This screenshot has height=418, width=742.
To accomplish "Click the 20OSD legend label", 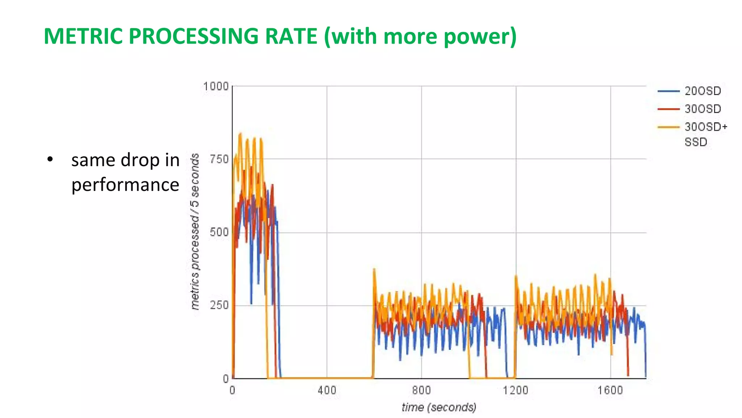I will pos(703,91).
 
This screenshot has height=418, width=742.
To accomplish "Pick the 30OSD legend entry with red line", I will pos(703,109).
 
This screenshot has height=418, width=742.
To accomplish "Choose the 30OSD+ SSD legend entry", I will pos(705,134).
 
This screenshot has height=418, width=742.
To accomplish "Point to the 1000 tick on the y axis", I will pos(216,87).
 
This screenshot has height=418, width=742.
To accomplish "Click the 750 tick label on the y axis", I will pos(219,160).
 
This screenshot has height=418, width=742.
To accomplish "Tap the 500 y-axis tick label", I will pos(219,232).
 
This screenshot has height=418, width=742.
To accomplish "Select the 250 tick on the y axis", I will pos(219,306).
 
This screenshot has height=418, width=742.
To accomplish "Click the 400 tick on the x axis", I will pos(327,390).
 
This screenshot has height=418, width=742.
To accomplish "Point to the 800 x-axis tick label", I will pos(421,390).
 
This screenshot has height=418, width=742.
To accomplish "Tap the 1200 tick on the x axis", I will pos(516,390).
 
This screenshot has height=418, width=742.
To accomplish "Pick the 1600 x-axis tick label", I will pos(610,390).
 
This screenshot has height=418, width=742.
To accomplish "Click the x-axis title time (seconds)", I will pos(439,407).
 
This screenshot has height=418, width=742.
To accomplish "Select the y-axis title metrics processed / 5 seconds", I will pos(195,231).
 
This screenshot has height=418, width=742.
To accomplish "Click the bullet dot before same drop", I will pos(50,160).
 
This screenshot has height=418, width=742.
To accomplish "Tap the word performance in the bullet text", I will pos(125,185).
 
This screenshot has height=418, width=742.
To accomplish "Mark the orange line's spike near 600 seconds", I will pos(374,270).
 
